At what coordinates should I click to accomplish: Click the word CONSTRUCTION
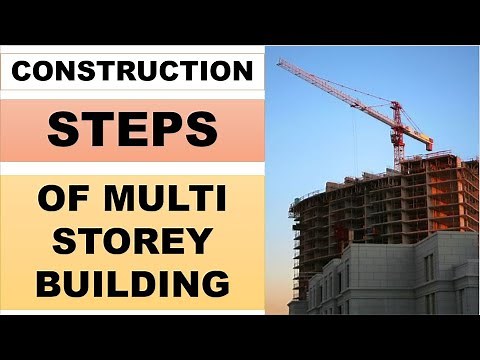click(133, 72)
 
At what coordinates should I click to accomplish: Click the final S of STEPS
click(203, 128)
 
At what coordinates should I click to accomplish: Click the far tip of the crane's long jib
click(280, 62)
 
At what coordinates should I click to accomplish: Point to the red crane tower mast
click(397, 140)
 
